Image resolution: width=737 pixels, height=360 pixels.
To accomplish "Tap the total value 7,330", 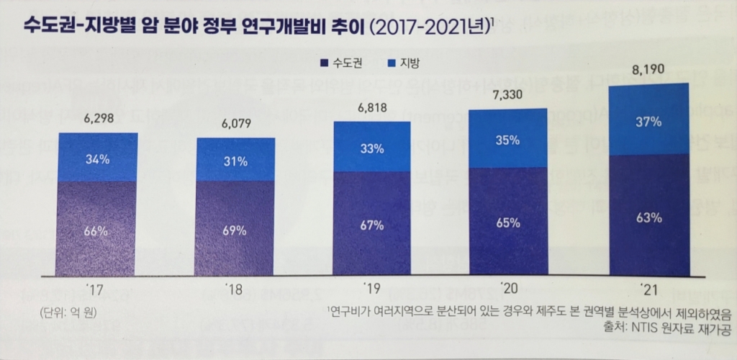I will pos(507,95).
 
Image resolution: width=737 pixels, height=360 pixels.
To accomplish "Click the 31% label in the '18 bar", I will pos(235,161).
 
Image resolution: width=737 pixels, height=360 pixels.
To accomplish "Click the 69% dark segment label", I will pos(235,231).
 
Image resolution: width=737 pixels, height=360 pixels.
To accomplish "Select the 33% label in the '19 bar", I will pos(372,150).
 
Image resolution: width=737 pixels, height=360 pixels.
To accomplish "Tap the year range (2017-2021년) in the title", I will pos(430,27).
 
